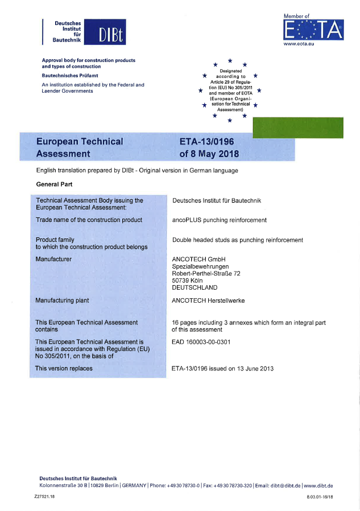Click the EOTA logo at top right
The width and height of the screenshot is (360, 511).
[x=313, y=28]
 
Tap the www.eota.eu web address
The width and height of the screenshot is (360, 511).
[x=299, y=44]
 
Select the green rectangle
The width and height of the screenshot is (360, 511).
[x=297, y=127]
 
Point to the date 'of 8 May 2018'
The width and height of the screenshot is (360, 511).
[x=209, y=154]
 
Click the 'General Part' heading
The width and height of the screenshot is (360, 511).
[x=54, y=184]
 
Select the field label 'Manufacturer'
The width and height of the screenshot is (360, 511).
[x=53, y=259]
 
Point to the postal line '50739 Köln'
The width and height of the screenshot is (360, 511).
[x=187, y=280]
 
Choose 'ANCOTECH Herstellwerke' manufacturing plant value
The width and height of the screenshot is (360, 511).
[x=208, y=300]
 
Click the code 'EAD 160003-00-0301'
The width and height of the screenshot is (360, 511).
[x=200, y=343]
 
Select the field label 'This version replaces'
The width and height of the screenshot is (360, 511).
[x=64, y=368]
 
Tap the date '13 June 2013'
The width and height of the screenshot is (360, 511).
[x=256, y=369]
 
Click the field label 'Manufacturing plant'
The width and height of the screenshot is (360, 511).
[x=62, y=300]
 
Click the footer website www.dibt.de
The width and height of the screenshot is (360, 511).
[x=318, y=485]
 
